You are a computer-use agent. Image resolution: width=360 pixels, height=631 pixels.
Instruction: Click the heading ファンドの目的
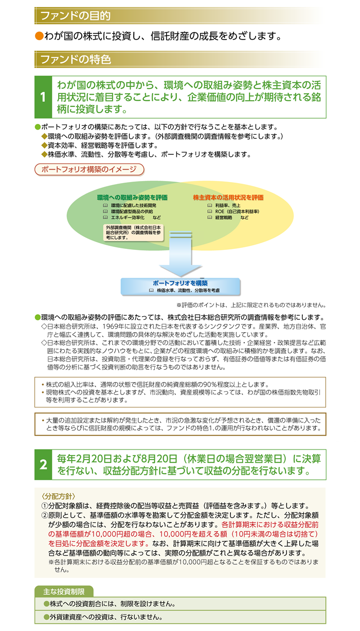pos(75,16)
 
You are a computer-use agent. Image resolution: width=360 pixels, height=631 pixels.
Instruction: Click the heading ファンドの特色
pos(76,60)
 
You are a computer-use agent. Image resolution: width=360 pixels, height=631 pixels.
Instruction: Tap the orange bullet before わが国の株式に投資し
pos(39,36)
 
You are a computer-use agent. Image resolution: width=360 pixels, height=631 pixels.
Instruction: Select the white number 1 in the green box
pos(43,97)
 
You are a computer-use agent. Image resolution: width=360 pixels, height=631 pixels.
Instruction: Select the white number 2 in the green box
pos(43,464)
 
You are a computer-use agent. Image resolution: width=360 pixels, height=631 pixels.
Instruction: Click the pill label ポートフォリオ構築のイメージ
pos(89,170)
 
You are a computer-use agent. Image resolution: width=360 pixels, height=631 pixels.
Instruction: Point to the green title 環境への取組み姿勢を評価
pos(132,197)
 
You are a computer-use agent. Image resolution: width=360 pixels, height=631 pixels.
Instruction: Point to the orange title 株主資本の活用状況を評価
pos(228,197)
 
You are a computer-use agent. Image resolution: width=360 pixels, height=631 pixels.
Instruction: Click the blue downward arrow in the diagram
pos(181,254)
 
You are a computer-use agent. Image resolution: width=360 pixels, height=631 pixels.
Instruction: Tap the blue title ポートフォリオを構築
pos(181,283)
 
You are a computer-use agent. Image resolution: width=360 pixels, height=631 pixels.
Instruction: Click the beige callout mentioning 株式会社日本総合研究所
pos(134,232)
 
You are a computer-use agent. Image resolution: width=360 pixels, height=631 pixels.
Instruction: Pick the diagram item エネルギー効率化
pos(128,218)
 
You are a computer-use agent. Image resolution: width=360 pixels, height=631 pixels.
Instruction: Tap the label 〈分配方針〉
pos(58,496)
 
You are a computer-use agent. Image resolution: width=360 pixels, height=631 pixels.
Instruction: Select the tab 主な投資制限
pos(64,592)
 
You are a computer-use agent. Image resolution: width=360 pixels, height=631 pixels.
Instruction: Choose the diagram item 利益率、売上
pos(228,205)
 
